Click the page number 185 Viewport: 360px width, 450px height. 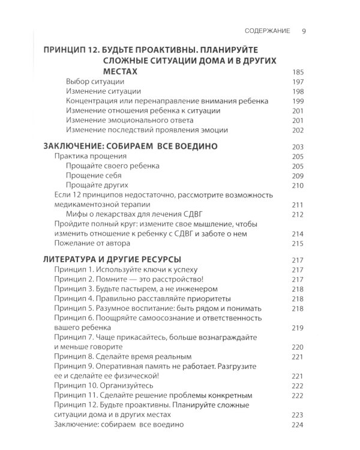pyautogui.click(x=298, y=72)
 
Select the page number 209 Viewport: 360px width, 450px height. pyautogui.click(x=298, y=176)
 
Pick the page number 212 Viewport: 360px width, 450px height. pyautogui.click(x=298, y=214)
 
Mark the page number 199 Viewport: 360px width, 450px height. pyautogui.click(x=298, y=101)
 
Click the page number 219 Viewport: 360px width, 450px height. pyautogui.click(x=298, y=328)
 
